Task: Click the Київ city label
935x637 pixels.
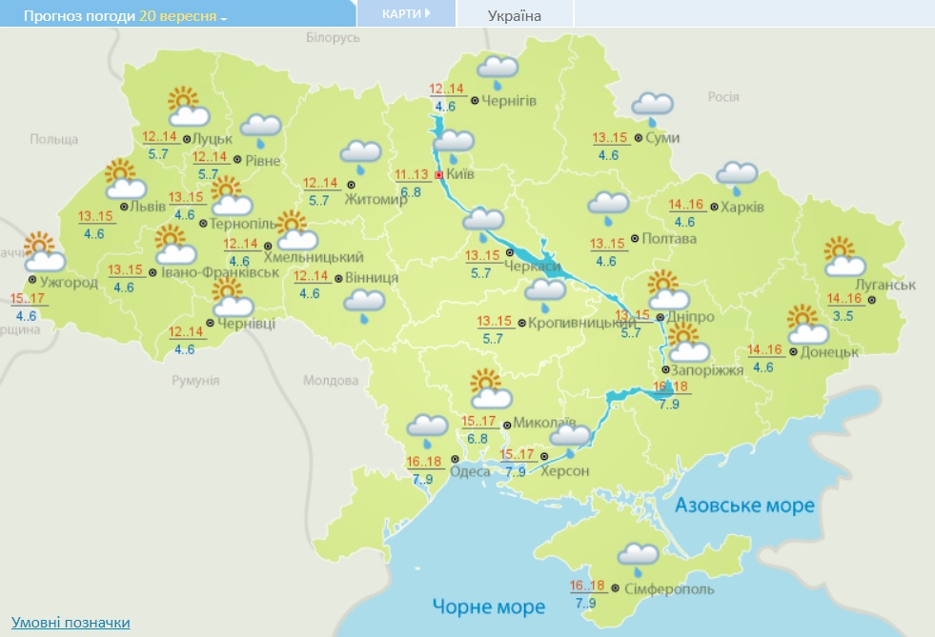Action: (x=462, y=175)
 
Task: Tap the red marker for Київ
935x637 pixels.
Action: (x=438, y=176)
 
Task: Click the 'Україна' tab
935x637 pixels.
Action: (x=514, y=15)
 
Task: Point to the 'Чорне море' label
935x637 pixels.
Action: (x=488, y=607)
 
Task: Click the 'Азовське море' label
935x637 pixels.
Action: (x=744, y=505)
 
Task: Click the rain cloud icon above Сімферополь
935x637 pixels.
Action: (x=637, y=558)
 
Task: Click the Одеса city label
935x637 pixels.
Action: (x=469, y=471)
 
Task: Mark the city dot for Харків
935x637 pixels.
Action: (x=715, y=207)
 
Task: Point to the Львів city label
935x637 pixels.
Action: (x=149, y=207)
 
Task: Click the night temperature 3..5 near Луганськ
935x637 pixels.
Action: (x=843, y=315)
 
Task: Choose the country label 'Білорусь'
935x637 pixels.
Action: (x=333, y=37)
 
